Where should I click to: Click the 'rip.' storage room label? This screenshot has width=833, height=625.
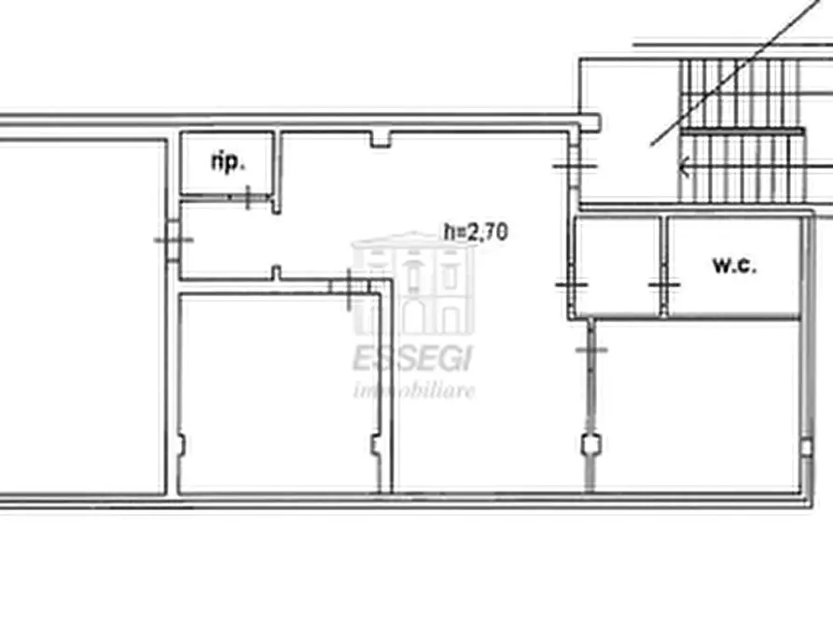[x=228, y=162]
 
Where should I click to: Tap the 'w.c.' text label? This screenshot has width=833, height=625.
[x=734, y=265]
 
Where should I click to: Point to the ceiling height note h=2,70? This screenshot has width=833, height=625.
[x=476, y=231]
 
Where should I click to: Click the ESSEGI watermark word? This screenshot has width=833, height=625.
[x=412, y=359]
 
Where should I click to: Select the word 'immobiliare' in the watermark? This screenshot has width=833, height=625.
[x=414, y=391]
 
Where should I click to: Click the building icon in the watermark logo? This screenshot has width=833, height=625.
[x=413, y=284]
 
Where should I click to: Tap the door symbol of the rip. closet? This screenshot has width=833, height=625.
[x=248, y=197]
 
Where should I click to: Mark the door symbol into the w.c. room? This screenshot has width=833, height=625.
[x=664, y=285]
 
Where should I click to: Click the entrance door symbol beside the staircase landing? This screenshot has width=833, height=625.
[x=575, y=166]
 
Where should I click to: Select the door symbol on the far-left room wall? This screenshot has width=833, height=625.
[x=174, y=241]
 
